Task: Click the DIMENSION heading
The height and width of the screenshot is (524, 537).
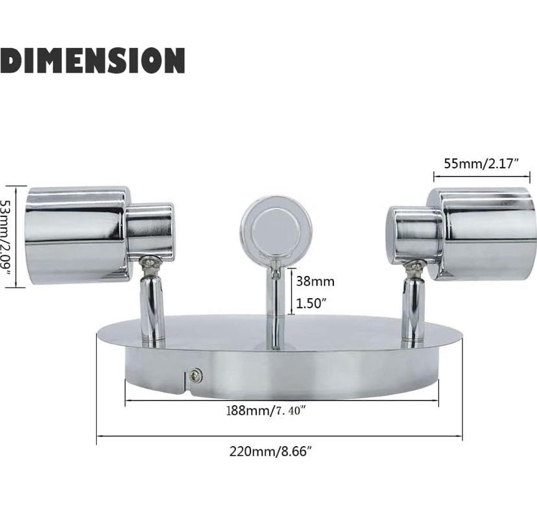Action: [x=93, y=60]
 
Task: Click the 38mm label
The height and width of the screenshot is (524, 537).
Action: [x=315, y=281]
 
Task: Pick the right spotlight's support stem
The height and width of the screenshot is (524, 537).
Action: [x=411, y=308]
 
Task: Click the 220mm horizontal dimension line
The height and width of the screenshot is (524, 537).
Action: [x=280, y=436]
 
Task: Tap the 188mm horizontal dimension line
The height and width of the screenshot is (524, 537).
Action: [x=280, y=398]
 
